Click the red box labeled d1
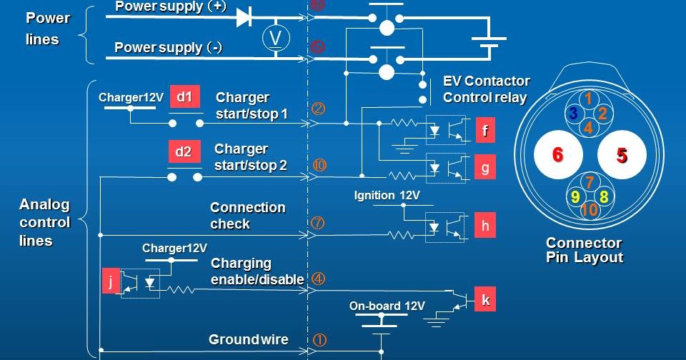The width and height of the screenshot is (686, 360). tap(184, 98)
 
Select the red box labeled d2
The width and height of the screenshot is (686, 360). tap(184, 152)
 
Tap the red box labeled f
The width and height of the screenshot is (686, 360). tap(485, 131)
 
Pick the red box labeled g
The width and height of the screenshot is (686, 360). tap(485, 168)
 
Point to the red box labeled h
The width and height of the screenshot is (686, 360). tap(485, 226)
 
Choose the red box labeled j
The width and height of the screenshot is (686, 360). tap(111, 281)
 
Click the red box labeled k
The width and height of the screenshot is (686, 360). tap(485, 301)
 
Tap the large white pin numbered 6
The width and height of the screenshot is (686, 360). tap(558, 155)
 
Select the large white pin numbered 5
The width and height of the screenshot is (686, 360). tap(622, 155)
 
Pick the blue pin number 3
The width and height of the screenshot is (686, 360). tap(573, 114)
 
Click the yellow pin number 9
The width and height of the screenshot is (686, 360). tap(575, 196)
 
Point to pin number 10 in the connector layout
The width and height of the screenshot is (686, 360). tap(589, 210)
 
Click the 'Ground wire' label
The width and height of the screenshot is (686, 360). tap(248, 339)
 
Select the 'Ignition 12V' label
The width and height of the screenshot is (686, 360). tap(387, 195)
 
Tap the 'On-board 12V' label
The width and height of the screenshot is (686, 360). tap(387, 306)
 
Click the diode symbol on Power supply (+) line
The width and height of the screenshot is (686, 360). tap(243, 16)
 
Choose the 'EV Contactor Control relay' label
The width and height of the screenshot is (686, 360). tap(486, 89)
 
